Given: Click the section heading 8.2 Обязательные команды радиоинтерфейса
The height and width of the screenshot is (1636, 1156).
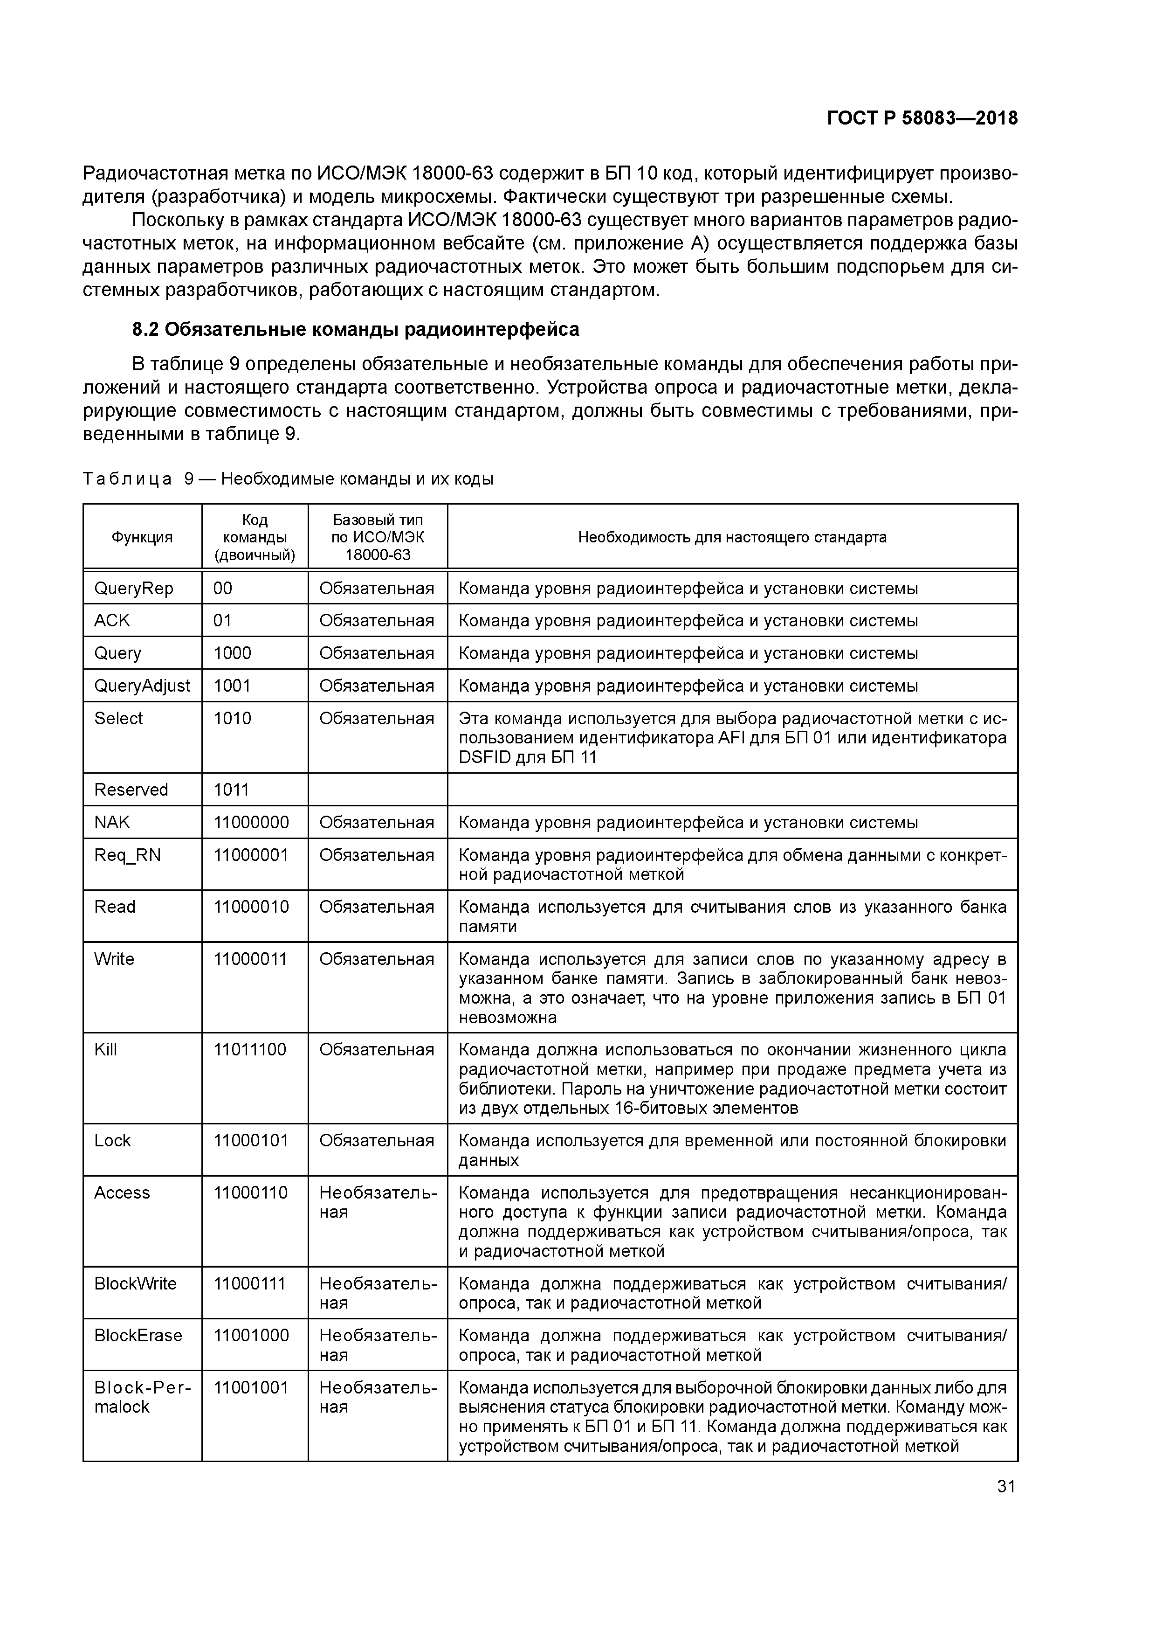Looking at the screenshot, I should point(355,329).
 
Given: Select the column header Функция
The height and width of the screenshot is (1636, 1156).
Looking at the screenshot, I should point(142,537).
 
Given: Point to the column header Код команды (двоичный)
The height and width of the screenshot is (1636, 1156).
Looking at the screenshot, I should point(255,537).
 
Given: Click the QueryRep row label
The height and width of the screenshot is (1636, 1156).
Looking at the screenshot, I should point(134,589).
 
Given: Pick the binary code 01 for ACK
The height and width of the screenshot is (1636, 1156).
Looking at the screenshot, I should point(223,621).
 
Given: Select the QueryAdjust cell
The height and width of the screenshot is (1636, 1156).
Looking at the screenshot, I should point(142,686).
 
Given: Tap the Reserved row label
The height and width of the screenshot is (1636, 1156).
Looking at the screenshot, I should point(131,790).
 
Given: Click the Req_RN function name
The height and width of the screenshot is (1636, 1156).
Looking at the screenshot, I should point(128,855).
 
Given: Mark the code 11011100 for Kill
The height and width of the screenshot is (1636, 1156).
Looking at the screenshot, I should point(250,1050).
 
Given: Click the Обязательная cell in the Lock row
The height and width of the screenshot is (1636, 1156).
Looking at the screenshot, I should point(376,1140).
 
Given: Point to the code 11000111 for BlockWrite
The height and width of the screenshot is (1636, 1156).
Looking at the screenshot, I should point(249,1283).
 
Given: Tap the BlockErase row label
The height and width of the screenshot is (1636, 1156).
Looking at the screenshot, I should point(138,1335).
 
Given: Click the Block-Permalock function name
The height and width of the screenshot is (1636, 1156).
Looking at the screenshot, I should point(143,1397).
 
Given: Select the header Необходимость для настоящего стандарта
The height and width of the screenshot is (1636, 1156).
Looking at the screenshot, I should point(731,537).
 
